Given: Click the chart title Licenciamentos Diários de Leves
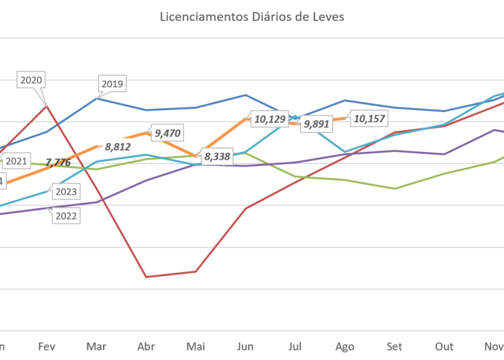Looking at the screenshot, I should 252,17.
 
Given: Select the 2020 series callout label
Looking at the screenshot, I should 32,80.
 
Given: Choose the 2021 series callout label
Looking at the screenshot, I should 15,161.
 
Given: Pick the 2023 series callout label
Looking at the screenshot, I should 66,192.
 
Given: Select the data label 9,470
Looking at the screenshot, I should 168,133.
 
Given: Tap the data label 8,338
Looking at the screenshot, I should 217,157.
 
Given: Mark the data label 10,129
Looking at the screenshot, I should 269,120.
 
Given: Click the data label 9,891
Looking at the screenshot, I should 317,124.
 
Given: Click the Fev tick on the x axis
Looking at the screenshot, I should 46,347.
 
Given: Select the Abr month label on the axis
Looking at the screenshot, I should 146,347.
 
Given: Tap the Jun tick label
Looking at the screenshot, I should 245,347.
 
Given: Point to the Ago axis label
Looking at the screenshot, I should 345,347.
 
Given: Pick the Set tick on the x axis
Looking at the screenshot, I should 394,347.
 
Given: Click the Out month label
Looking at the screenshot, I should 444,347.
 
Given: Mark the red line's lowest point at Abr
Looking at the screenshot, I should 146,276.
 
